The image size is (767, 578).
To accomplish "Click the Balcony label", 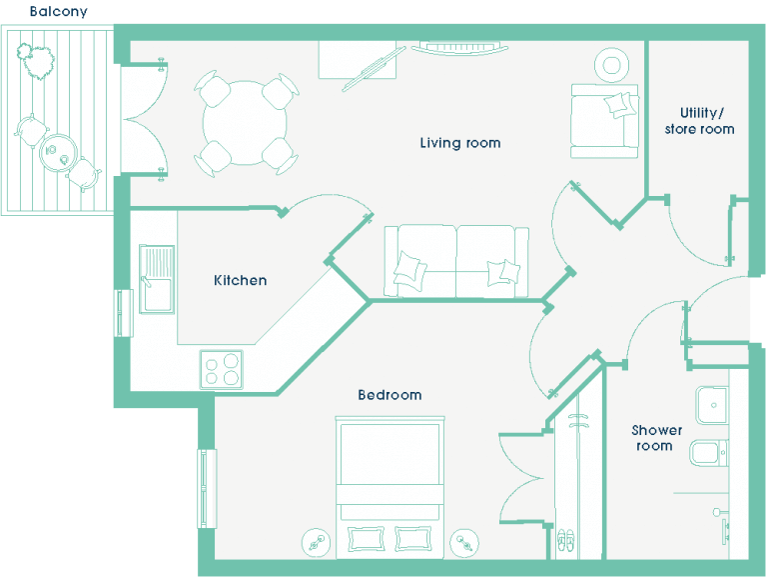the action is click(58, 11).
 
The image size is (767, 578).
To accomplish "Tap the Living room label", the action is click(460, 143).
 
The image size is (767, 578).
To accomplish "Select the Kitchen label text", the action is click(240, 280).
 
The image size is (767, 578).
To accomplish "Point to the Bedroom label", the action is click(389, 395).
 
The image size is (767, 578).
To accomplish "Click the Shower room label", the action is click(656, 438).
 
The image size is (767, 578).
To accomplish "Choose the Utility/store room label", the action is click(699, 121).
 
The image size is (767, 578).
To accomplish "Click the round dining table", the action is click(245, 123).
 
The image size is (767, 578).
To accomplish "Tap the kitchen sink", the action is click(157, 279).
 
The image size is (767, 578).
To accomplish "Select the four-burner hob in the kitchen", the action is click(221, 369).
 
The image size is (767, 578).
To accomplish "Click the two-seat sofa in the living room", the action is click(456, 262).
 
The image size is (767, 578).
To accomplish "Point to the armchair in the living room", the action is click(604, 121).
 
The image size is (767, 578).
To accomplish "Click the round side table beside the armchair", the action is click(611, 65).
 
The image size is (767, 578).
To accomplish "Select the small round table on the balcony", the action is click(58, 152).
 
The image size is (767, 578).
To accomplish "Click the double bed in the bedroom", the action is click(389, 487).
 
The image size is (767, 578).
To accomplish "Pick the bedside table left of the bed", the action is click(316, 543).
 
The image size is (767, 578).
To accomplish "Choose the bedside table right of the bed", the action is click(464, 543).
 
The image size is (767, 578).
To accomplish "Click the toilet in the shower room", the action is click(709, 453).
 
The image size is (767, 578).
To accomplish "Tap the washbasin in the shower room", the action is click(712, 405).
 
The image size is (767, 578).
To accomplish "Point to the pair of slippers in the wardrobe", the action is click(566, 540).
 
